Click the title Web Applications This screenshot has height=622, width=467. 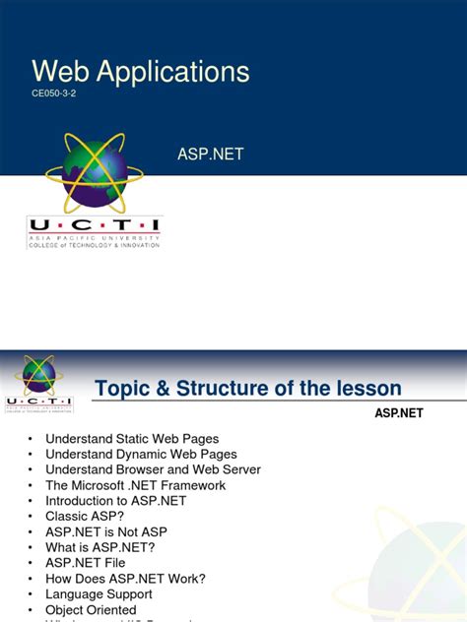coord(141,71)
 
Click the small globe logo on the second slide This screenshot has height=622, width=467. coord(39,375)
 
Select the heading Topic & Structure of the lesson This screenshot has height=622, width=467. coord(248,389)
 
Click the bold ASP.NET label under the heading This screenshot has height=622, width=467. coord(398,413)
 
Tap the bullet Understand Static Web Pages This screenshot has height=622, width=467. coord(132,439)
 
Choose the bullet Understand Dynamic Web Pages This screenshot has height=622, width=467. coord(141,455)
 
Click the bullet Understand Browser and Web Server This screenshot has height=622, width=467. coord(153,470)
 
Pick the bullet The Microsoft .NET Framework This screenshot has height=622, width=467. coord(135,485)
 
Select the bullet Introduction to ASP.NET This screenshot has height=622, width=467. coord(115,501)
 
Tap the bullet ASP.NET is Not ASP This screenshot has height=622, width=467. coord(107,532)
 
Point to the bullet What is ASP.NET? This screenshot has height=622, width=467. coord(100,547)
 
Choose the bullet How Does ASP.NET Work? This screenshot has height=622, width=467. coord(124,579)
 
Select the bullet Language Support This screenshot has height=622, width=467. coord(99,594)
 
